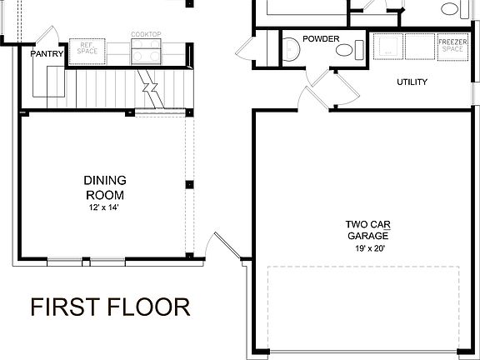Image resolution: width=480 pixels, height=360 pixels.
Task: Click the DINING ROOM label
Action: point(104,187)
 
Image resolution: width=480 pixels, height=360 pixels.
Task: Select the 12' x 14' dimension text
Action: point(104,207)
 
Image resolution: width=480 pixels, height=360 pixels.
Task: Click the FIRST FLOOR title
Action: point(110,307)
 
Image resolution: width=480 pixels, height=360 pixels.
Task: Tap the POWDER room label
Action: point(321,38)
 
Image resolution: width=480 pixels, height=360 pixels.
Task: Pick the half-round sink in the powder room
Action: point(344,49)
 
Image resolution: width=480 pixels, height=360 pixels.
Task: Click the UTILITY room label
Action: point(412,82)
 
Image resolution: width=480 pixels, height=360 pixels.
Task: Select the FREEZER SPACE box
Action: point(451,47)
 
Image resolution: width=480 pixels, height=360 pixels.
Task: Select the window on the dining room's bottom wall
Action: point(86,260)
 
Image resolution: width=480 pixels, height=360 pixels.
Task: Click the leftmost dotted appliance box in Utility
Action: point(388,47)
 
